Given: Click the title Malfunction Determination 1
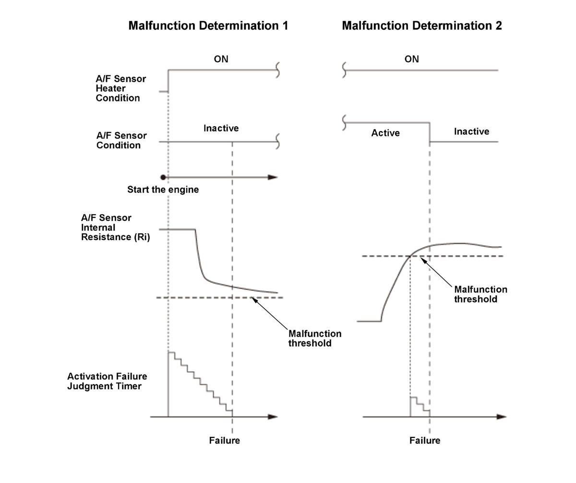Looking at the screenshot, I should pyautogui.click(x=208, y=26).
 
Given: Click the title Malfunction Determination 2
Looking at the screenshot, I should pyautogui.click(x=421, y=26).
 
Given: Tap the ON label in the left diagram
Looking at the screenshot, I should pyautogui.click(x=221, y=59).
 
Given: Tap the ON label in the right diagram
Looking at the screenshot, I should pyautogui.click(x=411, y=59).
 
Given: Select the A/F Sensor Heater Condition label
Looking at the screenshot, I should pyautogui.click(x=120, y=88).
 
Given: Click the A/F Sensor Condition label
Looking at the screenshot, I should pyautogui.click(x=121, y=140).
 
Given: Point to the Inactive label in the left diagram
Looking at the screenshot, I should pyautogui.click(x=221, y=128).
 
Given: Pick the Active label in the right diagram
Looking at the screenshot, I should pyautogui.click(x=385, y=133).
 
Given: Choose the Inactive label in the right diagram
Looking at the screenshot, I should pyautogui.click(x=471, y=132).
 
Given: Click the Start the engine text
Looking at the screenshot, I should pyautogui.click(x=163, y=190).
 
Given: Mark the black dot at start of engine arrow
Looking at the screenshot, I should pyautogui.click(x=163, y=177).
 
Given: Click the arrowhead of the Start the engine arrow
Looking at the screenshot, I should pyautogui.click(x=273, y=177).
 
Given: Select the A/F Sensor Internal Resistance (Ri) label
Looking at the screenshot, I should pyautogui.click(x=115, y=227).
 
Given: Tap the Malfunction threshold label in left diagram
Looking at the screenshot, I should pyautogui.click(x=314, y=338).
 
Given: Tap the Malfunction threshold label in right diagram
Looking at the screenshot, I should pyautogui.click(x=480, y=294).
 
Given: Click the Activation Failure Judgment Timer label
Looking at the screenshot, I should pyautogui.click(x=107, y=381).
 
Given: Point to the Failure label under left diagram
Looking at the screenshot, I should pyautogui.click(x=224, y=440).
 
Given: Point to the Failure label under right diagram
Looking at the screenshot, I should pyautogui.click(x=424, y=440).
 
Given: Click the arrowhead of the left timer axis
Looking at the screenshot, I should pyautogui.click(x=273, y=417).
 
